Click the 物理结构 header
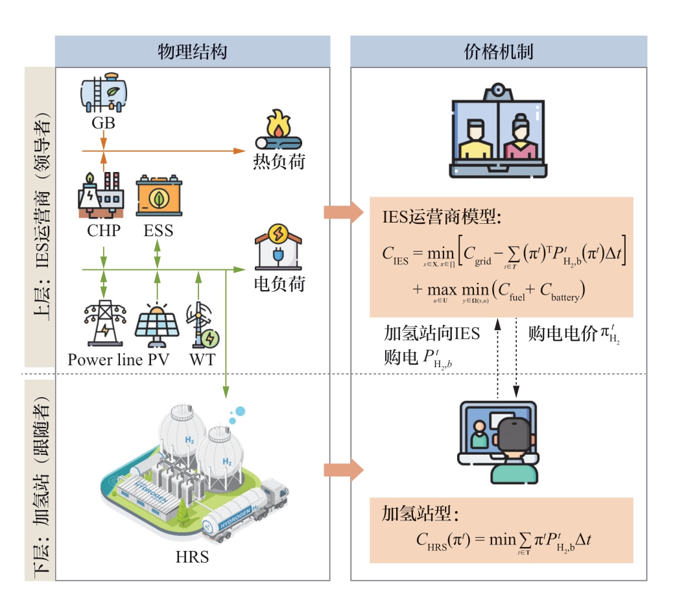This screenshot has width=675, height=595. point(192,52)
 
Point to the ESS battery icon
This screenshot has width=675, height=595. point(159,196)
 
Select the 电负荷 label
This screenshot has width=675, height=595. point(279,284)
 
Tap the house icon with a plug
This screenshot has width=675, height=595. point(278,250)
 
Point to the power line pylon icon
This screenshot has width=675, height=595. point(104,322)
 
